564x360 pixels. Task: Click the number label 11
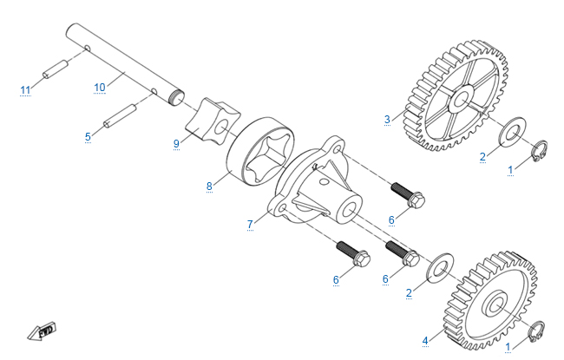pyautogui.click(x=25, y=89)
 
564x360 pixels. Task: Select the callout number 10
pyautogui.click(x=99, y=87)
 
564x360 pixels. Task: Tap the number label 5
pyautogui.click(x=88, y=136)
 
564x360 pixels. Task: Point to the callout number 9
pyautogui.click(x=175, y=143)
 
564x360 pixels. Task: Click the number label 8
pyautogui.click(x=209, y=185)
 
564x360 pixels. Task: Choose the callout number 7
pyautogui.click(x=250, y=224)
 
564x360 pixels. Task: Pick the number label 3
pyautogui.click(x=388, y=117)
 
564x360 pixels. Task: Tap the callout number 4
pyautogui.click(x=425, y=341)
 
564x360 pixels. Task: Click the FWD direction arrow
pyautogui.click(x=41, y=331)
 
